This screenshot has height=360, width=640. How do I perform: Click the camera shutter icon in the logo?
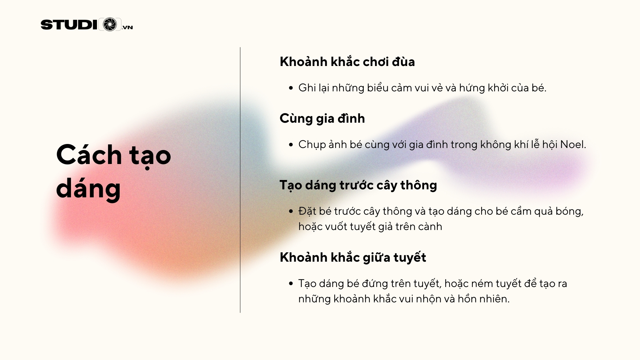(x=110, y=24)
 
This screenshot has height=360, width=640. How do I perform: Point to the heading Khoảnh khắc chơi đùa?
(x=347, y=62)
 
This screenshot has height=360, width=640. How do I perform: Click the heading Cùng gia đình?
(x=322, y=119)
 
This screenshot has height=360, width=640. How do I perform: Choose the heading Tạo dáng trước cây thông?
(x=358, y=185)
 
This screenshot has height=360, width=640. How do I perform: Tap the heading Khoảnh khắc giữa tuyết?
(x=353, y=257)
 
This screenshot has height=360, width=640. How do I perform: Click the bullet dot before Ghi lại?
(x=291, y=88)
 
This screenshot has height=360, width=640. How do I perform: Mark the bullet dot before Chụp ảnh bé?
(x=291, y=145)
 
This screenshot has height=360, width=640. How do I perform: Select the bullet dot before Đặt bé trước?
(x=291, y=211)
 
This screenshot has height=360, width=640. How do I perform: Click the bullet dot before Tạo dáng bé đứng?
(x=291, y=284)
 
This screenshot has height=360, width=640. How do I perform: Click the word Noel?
(x=573, y=144)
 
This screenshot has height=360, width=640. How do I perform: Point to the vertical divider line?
(x=240, y=180)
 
